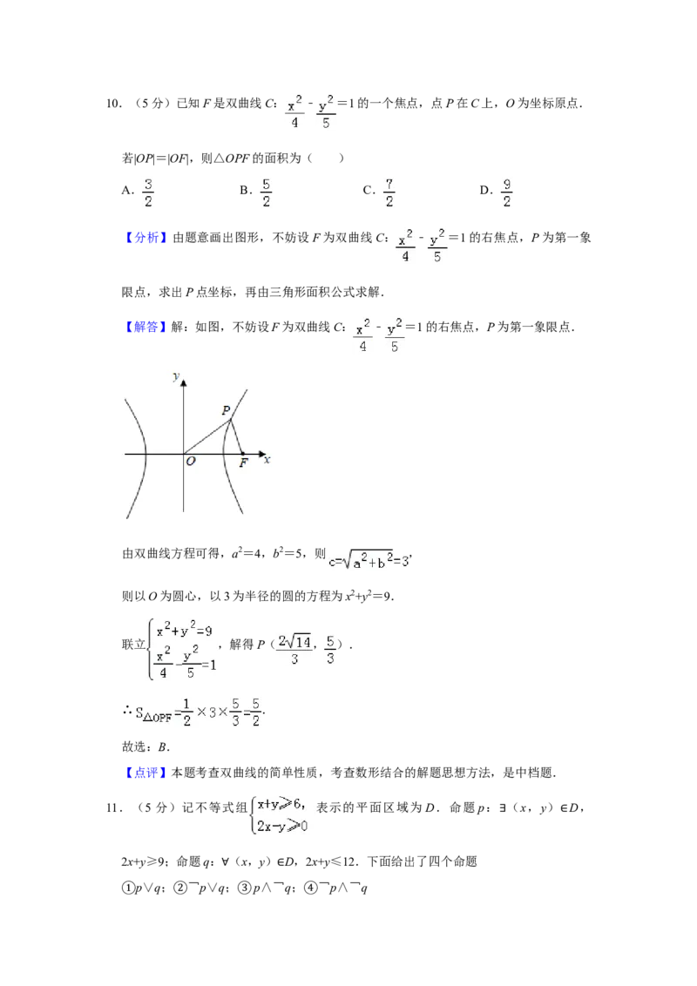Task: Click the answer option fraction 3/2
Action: [x=149, y=192]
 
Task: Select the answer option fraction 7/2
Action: [x=387, y=192]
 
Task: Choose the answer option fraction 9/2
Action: [x=505, y=192]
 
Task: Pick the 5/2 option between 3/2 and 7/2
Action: [x=268, y=192]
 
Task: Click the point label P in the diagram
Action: [x=226, y=410]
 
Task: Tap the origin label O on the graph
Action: [x=191, y=463]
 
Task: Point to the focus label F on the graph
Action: [x=244, y=463]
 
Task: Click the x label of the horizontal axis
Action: [x=267, y=459]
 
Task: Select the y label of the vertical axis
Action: [x=176, y=376]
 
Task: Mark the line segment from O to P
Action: [x=206, y=437]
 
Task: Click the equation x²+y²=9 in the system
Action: [x=184, y=630]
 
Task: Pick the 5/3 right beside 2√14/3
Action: [x=330, y=648]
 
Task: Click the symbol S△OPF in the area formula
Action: [x=153, y=716]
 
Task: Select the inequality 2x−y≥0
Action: [x=281, y=826]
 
